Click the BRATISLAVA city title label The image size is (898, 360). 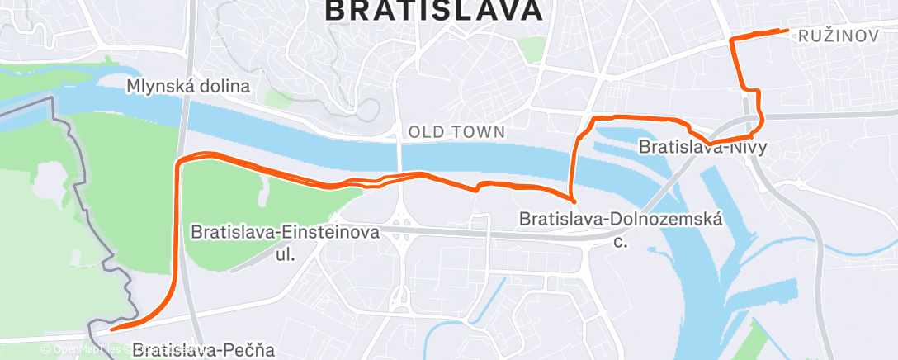point(434,10)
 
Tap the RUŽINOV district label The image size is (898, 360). point(839,36)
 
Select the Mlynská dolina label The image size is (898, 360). point(188,86)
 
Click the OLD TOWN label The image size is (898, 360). point(456,131)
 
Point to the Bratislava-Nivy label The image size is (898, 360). point(703,148)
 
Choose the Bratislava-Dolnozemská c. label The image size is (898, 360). point(621,220)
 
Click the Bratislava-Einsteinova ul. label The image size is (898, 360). point(285,233)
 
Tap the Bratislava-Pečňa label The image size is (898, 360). point(202,350)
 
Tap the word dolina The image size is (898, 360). point(223,86)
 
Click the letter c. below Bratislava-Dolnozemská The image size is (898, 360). point(621,243)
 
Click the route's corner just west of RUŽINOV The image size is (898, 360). point(734,39)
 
